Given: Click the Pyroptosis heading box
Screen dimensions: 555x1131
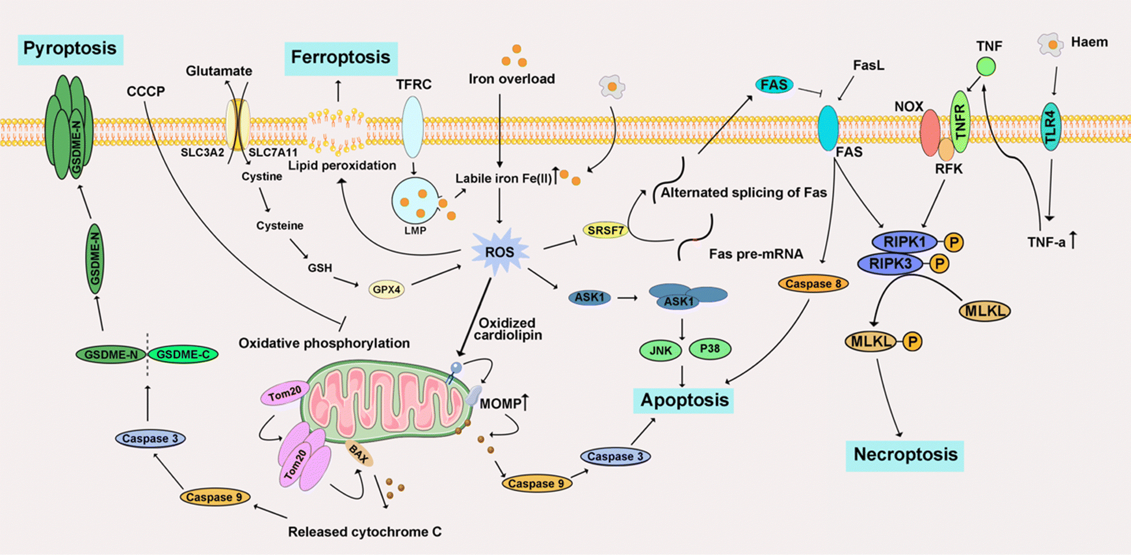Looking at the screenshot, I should click(70, 48).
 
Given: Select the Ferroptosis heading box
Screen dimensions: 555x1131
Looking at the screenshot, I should click(340, 58).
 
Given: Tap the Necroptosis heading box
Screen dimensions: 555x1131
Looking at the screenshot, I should click(905, 455).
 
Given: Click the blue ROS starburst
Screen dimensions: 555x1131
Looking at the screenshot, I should click(499, 252).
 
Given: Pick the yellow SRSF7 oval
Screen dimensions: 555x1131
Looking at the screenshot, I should click(605, 231).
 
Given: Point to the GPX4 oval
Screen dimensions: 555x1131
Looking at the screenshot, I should click(387, 290).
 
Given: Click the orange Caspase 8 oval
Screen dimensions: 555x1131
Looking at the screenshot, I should click(813, 284).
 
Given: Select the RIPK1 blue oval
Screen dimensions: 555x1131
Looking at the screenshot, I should click(904, 242).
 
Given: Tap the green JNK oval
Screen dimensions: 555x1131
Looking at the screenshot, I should click(660, 350).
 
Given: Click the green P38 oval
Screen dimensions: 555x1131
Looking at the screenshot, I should click(709, 349).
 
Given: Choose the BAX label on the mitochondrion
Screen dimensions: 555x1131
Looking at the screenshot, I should click(358, 454).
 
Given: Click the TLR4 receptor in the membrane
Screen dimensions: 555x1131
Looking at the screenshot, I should click(1050, 126).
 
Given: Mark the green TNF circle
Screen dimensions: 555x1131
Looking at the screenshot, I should click(986, 66).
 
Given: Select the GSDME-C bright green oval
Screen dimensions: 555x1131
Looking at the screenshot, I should click(183, 355).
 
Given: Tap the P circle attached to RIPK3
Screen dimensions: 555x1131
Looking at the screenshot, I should click(940, 264).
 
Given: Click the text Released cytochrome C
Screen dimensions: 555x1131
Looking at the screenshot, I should click(364, 532).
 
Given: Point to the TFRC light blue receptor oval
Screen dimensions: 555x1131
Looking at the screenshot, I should click(412, 126).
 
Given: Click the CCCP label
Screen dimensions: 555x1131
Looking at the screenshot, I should click(145, 92).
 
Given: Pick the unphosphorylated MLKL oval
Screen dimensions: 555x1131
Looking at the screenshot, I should click(985, 311).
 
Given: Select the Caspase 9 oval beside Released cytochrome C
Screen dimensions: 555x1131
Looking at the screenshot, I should click(214, 497).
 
